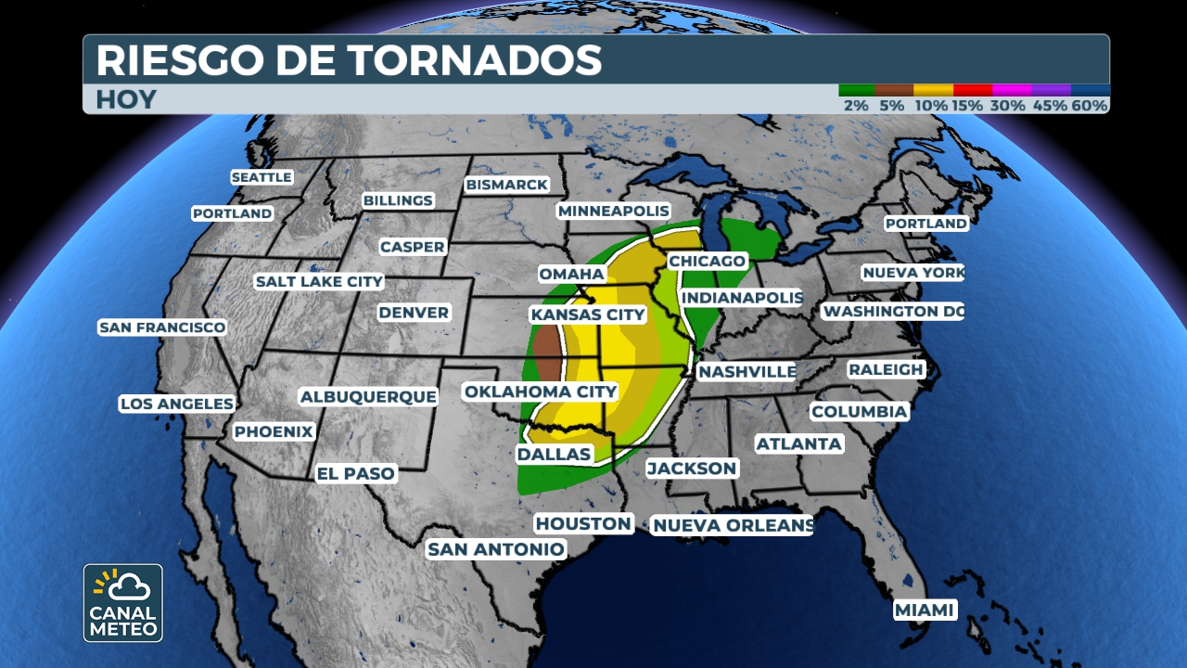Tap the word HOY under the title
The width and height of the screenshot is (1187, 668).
(x=126, y=100)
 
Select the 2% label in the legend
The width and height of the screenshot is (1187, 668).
(x=856, y=106)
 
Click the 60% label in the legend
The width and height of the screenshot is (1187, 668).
(x=1090, y=106)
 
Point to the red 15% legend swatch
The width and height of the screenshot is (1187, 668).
(x=972, y=90)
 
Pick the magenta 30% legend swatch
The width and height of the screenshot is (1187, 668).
(x=1011, y=90)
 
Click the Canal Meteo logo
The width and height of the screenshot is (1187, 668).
(x=123, y=602)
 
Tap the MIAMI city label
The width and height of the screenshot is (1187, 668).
(x=925, y=610)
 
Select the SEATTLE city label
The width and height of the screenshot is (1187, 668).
(x=262, y=177)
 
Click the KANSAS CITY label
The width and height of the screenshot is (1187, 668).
(x=587, y=315)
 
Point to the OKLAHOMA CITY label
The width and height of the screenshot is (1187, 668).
(x=541, y=392)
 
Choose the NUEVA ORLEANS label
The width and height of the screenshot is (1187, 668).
(x=733, y=526)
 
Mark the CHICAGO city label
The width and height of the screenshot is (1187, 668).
(x=707, y=262)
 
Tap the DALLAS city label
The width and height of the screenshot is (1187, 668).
(x=554, y=455)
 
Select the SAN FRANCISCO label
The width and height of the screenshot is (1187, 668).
(x=162, y=328)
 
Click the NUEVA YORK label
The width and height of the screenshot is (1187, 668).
(x=913, y=273)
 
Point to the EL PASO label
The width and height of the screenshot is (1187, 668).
(x=356, y=473)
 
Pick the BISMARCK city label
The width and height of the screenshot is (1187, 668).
(x=506, y=185)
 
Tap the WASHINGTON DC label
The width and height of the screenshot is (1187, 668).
(x=892, y=312)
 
